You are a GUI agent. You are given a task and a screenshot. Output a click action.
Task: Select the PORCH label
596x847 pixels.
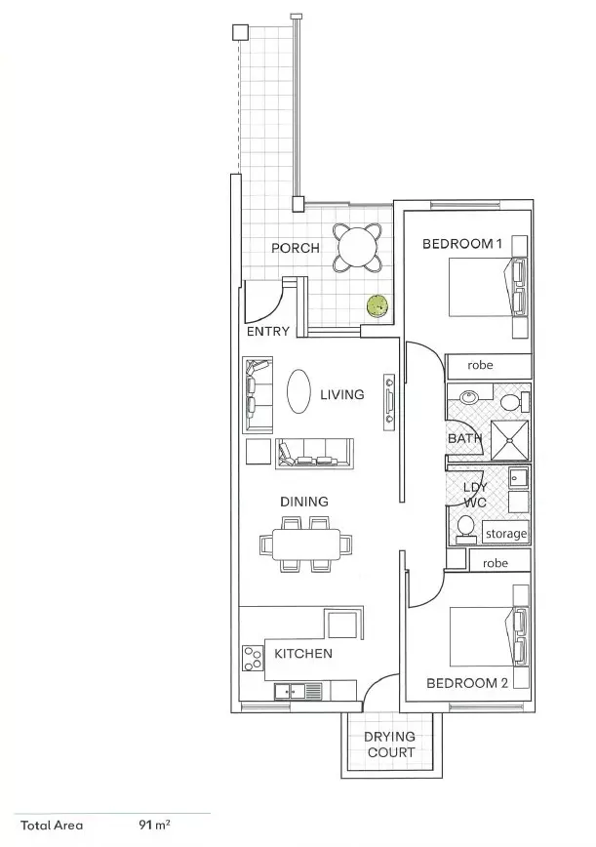pos(295,248)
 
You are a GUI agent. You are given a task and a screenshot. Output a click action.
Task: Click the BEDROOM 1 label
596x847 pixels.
pos(461,243)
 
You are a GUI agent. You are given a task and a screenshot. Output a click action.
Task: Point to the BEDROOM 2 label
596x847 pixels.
pos(468,683)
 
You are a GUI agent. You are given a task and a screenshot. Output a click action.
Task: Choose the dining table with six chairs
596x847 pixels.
pos(306,544)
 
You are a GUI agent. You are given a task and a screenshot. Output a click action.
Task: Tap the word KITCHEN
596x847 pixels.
pos(302,653)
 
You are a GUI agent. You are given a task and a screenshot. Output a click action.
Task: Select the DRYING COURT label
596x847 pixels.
pos(390,745)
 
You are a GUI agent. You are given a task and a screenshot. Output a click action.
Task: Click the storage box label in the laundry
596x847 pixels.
pos(505,534)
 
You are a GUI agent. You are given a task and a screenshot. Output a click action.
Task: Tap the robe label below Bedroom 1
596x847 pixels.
pos(480,366)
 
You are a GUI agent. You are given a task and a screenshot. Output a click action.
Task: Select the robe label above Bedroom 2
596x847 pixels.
pos(496,563)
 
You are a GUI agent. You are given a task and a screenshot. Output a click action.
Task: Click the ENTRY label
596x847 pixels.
pos(267,332)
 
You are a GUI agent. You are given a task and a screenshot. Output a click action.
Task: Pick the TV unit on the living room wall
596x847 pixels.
pos(390,400)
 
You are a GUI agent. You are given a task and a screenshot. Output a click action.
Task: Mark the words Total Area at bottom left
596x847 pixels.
pos(52,825)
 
